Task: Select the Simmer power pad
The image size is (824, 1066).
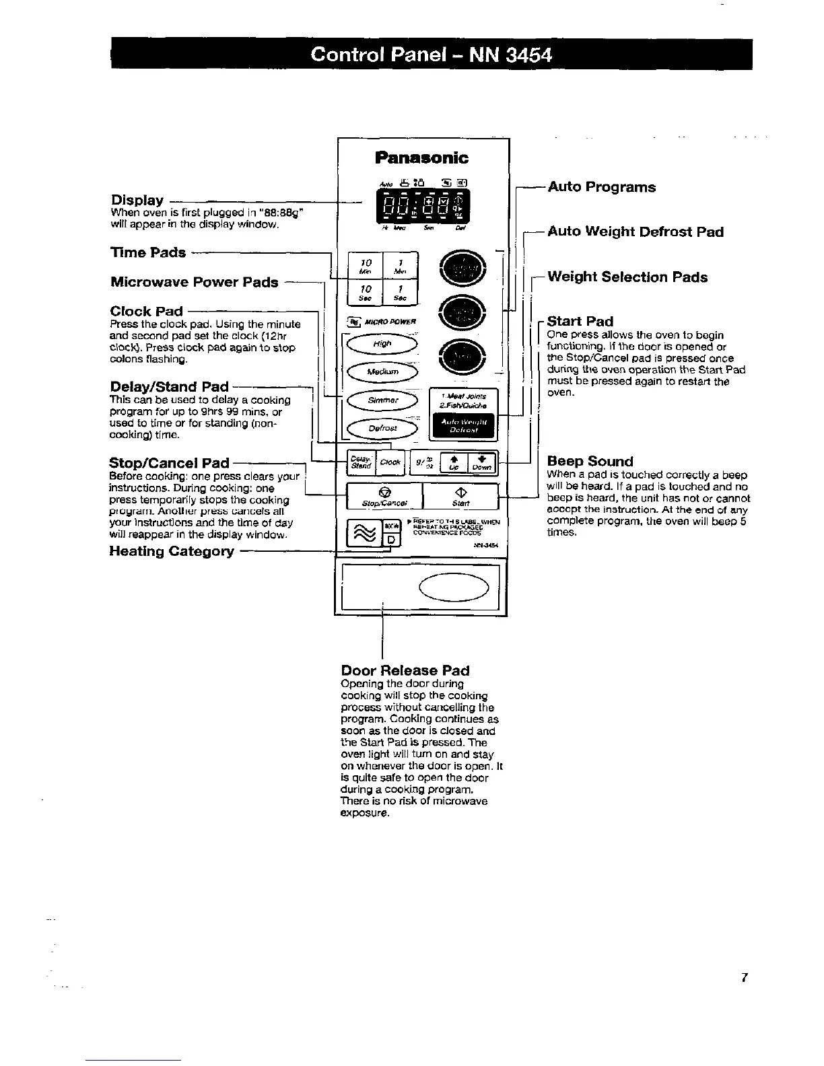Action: pyautogui.click(x=382, y=400)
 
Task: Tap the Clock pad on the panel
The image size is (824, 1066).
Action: pyautogui.click(x=390, y=462)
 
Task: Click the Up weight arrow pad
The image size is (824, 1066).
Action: pyautogui.click(x=454, y=462)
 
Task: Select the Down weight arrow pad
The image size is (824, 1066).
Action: pyautogui.click(x=481, y=462)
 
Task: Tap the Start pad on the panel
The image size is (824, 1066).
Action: pyautogui.click(x=460, y=496)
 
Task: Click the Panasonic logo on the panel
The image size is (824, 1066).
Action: pyautogui.click(x=421, y=158)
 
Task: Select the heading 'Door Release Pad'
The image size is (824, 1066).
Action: pyautogui.click(x=405, y=670)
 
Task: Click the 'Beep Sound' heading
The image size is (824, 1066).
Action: pyautogui.click(x=590, y=461)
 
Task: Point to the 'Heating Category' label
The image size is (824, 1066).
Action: pyautogui.click(x=172, y=551)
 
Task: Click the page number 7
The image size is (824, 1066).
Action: pyautogui.click(x=744, y=979)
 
